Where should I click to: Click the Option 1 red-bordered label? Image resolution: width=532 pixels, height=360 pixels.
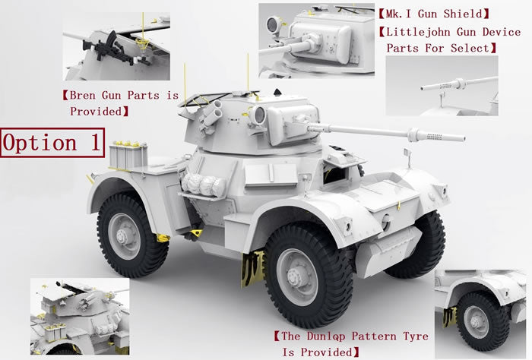(52, 142)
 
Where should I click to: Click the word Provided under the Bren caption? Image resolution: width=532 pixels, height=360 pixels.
(96, 111)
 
